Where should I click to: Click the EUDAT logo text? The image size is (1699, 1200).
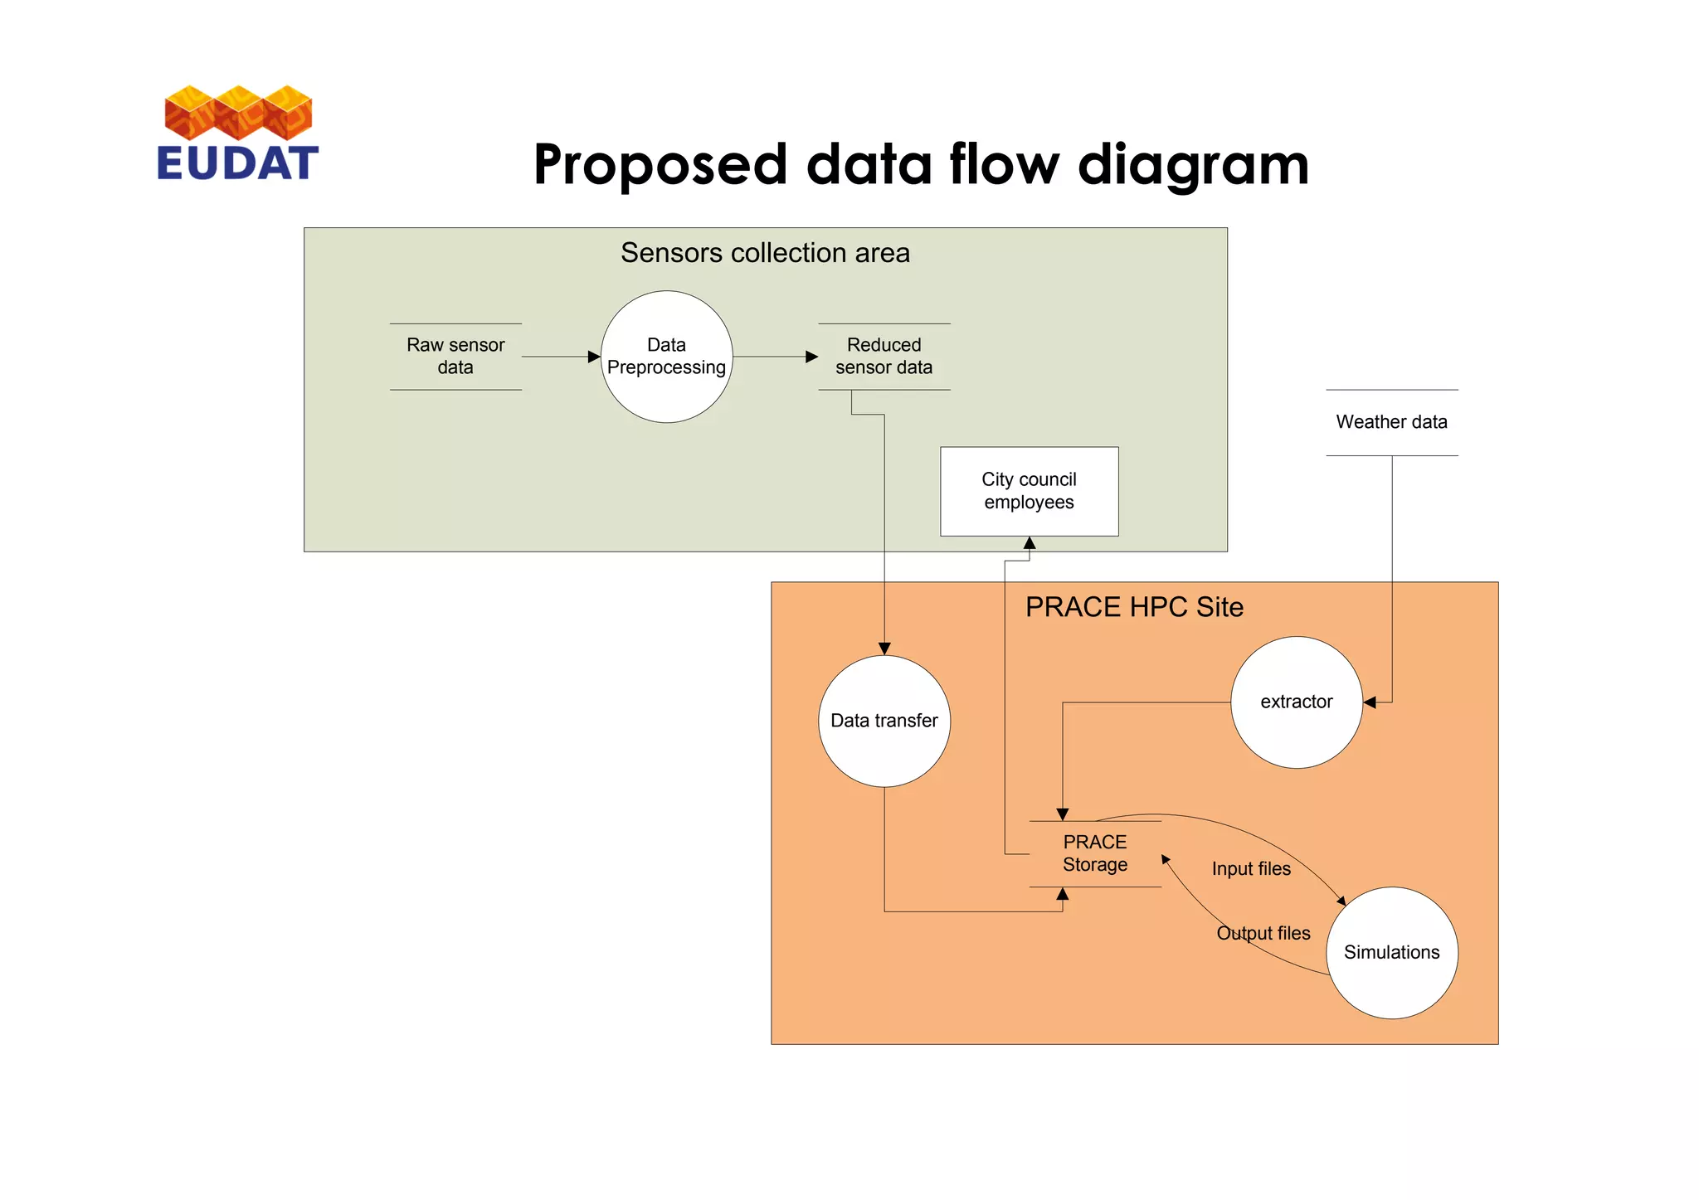point(237,163)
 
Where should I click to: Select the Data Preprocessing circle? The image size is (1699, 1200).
point(666,357)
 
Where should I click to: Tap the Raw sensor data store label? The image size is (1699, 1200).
point(455,357)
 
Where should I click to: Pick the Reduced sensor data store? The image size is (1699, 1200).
point(884,357)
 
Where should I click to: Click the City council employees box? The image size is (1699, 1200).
point(1029,491)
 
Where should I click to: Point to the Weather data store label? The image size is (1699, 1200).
point(1391,422)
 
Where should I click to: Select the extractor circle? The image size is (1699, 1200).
point(1296,702)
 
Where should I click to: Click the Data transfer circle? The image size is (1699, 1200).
point(884,721)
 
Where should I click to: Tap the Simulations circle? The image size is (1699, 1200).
point(1391,952)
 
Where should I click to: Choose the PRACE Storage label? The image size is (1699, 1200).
point(1094,853)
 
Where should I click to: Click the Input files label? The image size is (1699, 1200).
point(1251,869)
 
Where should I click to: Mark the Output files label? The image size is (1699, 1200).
point(1263,934)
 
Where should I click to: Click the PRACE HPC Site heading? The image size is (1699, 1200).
point(1133,607)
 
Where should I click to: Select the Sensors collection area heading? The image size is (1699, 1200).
point(765,253)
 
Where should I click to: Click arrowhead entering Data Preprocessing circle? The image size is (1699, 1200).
point(594,357)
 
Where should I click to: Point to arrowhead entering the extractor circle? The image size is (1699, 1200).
point(1370,702)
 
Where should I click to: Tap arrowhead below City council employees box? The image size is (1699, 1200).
point(1030,543)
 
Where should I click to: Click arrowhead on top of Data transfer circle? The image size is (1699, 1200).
point(884,649)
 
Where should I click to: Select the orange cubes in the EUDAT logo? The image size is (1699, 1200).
point(238,112)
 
